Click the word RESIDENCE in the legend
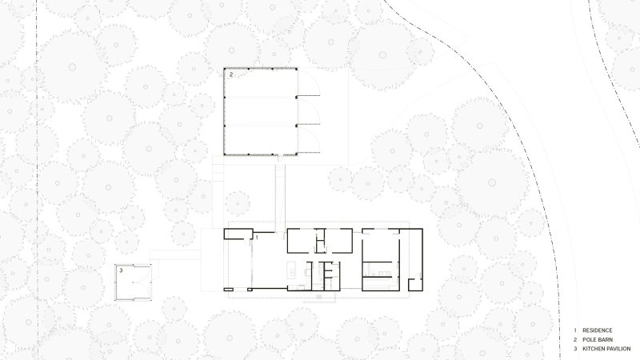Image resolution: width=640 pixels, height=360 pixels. click(597, 330)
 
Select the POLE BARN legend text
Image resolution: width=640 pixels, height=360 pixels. click(597, 339)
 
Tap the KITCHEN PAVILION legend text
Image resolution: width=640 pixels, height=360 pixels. click(606, 349)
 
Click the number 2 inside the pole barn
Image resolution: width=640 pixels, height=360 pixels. click(231, 74)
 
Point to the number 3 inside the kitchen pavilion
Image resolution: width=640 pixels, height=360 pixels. click(122, 270)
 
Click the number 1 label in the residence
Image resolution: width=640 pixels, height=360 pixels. click(257, 237)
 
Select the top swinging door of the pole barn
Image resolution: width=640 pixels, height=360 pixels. click(309, 82)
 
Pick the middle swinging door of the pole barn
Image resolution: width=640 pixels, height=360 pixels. click(309, 111)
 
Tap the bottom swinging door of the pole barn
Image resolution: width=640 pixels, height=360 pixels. click(309, 139)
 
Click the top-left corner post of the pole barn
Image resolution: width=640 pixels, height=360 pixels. click(225, 69)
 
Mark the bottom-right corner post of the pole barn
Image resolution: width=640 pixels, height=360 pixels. click(296, 154)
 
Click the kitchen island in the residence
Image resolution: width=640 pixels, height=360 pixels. click(291, 270)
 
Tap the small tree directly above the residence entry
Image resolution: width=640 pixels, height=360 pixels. click(238, 203)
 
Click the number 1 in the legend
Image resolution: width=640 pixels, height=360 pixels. click(575, 330)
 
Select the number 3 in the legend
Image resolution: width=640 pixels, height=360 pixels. click(575, 349)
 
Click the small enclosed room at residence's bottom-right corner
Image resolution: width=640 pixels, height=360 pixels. click(414, 285)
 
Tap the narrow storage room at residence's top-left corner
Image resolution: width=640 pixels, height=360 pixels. click(238, 234)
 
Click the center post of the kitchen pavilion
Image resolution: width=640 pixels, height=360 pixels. click(134, 282)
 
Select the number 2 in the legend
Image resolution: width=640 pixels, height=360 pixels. click(575, 339)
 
